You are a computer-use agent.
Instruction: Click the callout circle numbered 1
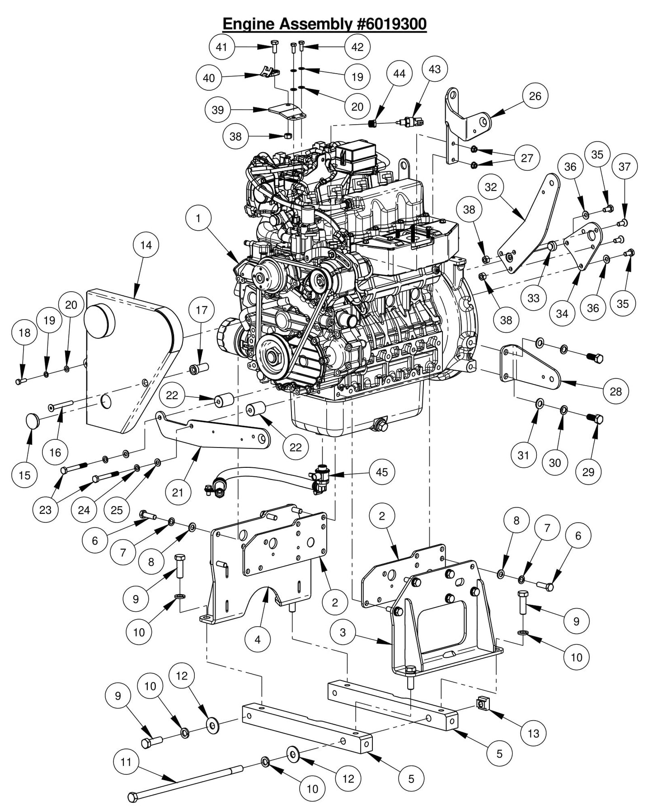198,219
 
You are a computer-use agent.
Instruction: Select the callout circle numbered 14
146,245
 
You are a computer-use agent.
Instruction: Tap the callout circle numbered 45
382,472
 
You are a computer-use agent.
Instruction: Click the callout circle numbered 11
126,762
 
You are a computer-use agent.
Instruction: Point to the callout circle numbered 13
534,733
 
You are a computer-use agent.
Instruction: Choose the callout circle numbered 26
535,96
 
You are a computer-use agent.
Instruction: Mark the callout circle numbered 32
491,186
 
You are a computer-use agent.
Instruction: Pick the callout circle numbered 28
616,391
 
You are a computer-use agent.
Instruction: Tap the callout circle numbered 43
434,69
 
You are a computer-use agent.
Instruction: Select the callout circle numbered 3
343,632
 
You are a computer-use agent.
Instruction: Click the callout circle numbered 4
258,639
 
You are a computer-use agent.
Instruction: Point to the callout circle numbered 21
178,492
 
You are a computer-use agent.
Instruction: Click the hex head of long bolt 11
132,797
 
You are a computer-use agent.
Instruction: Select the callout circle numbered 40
209,78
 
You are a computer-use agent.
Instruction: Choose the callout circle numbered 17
202,310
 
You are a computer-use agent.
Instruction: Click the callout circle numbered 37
625,167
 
